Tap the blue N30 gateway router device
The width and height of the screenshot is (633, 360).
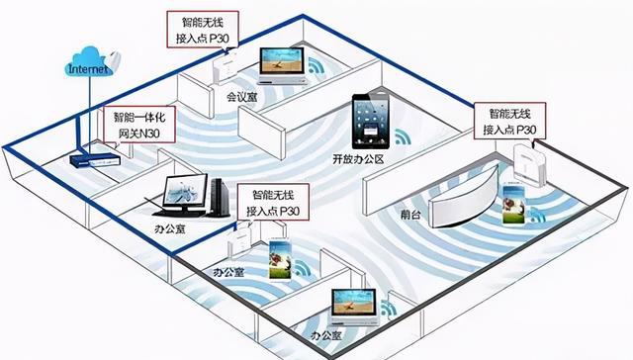(x=96, y=153)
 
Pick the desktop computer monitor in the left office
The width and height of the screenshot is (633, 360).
(x=185, y=192)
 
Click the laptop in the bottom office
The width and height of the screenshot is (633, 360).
(x=354, y=308)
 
